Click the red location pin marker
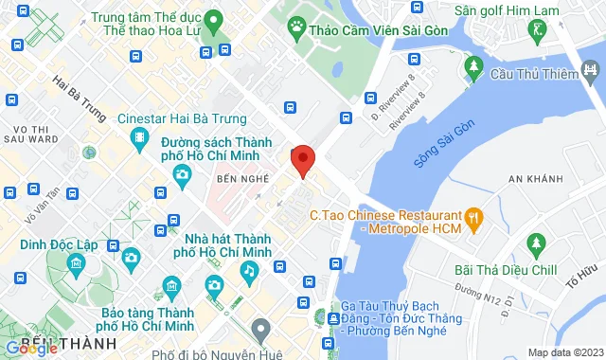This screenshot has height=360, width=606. (x=302, y=160)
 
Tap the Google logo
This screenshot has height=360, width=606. (x=31, y=349)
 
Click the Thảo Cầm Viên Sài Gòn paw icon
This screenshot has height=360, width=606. (x=296, y=26)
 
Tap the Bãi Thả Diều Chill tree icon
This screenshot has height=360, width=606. (x=537, y=244)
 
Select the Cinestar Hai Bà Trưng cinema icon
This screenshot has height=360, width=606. (x=140, y=141)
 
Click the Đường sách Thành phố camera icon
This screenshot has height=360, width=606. (x=181, y=173)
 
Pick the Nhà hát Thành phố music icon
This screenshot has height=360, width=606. (x=248, y=271)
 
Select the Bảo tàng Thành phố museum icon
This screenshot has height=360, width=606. (x=172, y=285)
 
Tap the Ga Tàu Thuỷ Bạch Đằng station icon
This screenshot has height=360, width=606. (x=330, y=317)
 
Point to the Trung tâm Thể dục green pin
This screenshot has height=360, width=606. (x=214, y=19)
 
